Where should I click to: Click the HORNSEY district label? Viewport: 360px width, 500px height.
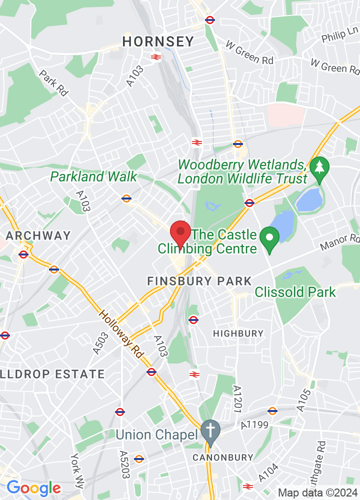(158, 41)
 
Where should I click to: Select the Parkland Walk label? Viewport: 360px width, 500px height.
(93, 176)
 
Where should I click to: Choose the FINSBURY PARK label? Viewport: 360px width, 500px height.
(199, 281)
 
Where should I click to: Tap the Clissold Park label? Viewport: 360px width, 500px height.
(295, 292)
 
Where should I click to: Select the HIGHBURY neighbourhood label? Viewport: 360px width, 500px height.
(238, 333)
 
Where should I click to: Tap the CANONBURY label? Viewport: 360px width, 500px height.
(223, 457)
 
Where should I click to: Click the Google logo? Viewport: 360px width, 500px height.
(33, 487)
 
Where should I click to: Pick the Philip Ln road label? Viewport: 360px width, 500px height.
(340, 36)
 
